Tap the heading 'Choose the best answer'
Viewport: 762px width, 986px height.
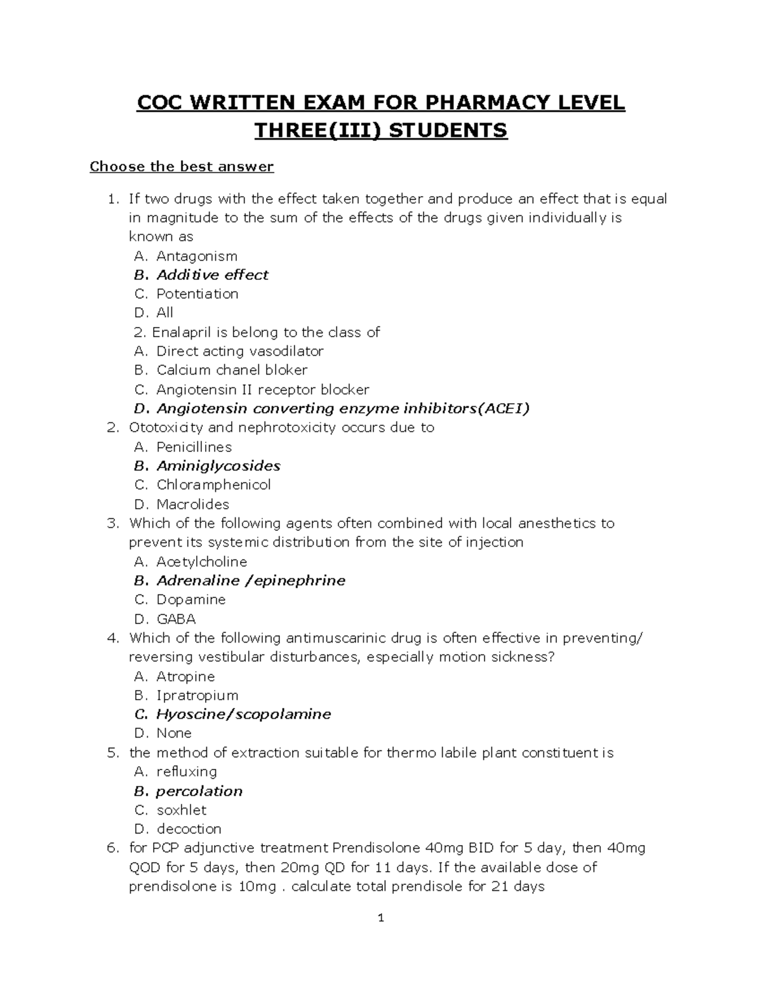point(182,167)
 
